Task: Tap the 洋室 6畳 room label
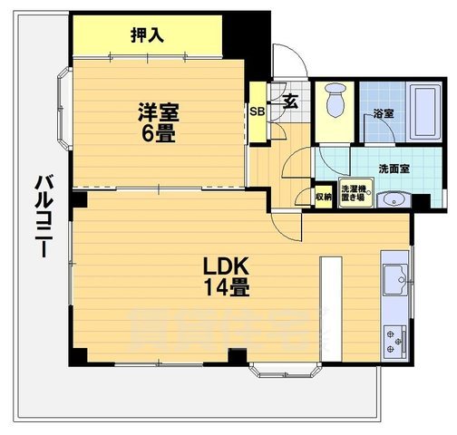(x=158, y=121)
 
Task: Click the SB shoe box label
(x=258, y=113)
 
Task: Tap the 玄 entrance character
(x=292, y=101)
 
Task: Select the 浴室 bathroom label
(x=383, y=114)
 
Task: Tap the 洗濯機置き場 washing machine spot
(x=352, y=194)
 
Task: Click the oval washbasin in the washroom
(x=392, y=200)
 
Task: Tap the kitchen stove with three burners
(x=396, y=342)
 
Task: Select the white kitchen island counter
(x=329, y=303)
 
